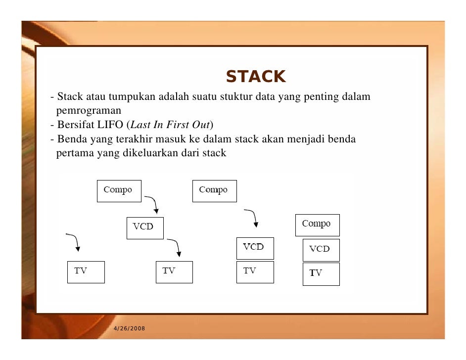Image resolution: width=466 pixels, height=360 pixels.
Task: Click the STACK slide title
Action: (255, 77)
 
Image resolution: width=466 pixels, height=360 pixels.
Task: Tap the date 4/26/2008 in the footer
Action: (129, 329)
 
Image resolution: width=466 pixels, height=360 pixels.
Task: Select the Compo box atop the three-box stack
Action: (317, 225)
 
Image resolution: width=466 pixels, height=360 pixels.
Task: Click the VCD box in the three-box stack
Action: (321, 249)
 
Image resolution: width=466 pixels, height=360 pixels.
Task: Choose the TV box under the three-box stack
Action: (321, 273)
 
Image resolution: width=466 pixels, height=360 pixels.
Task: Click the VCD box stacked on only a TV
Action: (255, 248)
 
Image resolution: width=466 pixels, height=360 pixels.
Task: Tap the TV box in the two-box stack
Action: (255, 271)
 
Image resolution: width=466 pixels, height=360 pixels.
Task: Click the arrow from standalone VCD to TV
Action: (175, 247)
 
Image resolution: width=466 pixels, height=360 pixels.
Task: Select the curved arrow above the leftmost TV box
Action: (74, 242)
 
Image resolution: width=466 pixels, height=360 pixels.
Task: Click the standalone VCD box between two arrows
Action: (145, 227)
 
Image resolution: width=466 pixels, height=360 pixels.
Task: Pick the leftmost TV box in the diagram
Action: (86, 271)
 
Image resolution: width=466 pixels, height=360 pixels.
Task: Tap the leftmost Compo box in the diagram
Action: (118, 190)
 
